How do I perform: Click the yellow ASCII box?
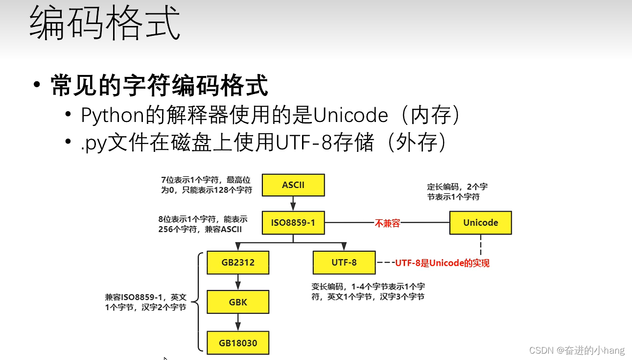[x=293, y=185]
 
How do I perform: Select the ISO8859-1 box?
[x=293, y=223]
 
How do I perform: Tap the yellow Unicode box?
[x=480, y=223]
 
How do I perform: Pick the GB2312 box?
[x=238, y=263]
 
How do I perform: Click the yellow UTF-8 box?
[x=344, y=263]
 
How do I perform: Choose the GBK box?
[x=238, y=302]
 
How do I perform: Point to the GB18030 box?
[x=238, y=343]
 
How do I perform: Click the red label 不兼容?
[x=388, y=223]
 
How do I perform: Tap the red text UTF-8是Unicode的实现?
[x=442, y=263]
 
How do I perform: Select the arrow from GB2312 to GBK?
[x=238, y=282]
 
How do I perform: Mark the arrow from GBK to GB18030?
[x=238, y=322]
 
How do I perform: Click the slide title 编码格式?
[x=105, y=24]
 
